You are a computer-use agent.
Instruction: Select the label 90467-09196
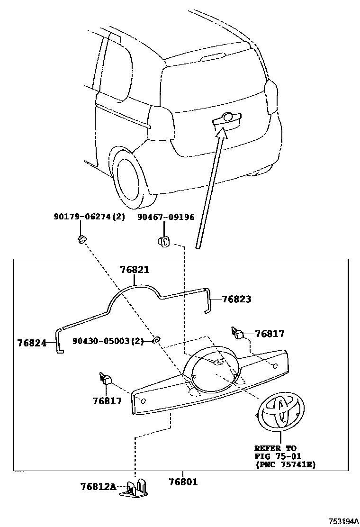166,217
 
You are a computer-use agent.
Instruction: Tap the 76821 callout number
135,270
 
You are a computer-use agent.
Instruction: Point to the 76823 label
236,299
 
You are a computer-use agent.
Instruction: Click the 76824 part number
32,342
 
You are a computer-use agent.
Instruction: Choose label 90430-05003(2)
108,341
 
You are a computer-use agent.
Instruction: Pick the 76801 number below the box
183,482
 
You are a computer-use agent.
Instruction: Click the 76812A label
98,487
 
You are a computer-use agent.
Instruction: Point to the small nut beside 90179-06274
81,237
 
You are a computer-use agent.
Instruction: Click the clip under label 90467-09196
163,242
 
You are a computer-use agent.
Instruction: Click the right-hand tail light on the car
271,97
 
